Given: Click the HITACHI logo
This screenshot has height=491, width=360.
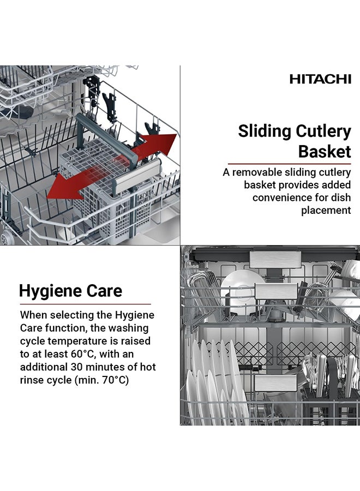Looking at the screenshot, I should pos(320,79).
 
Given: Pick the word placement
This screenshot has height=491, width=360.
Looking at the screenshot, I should pos(326,211).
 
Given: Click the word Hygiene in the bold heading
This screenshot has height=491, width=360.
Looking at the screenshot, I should pos(51,291).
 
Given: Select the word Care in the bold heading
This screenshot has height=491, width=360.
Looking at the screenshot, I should pos(104,291).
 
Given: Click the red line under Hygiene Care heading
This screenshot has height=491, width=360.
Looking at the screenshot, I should pos(85,304).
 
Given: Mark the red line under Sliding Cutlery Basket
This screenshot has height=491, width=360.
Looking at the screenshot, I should pos(289,163).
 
